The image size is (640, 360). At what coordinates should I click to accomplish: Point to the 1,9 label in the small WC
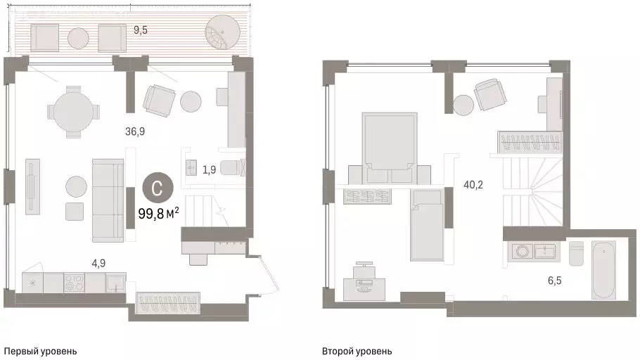pyautogui.click(x=210, y=169)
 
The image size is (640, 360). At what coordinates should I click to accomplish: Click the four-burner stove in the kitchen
pyautogui.click(x=75, y=283)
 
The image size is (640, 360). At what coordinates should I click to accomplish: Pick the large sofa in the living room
pyautogui.click(x=108, y=200)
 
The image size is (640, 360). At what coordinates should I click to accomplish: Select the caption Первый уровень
pyautogui.click(x=40, y=351)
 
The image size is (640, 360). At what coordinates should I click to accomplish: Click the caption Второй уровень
pyautogui.click(x=357, y=351)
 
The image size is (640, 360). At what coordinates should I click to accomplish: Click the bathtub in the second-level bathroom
pyautogui.click(x=603, y=271)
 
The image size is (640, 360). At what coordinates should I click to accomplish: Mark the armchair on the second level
pyautogui.click(x=489, y=95)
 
